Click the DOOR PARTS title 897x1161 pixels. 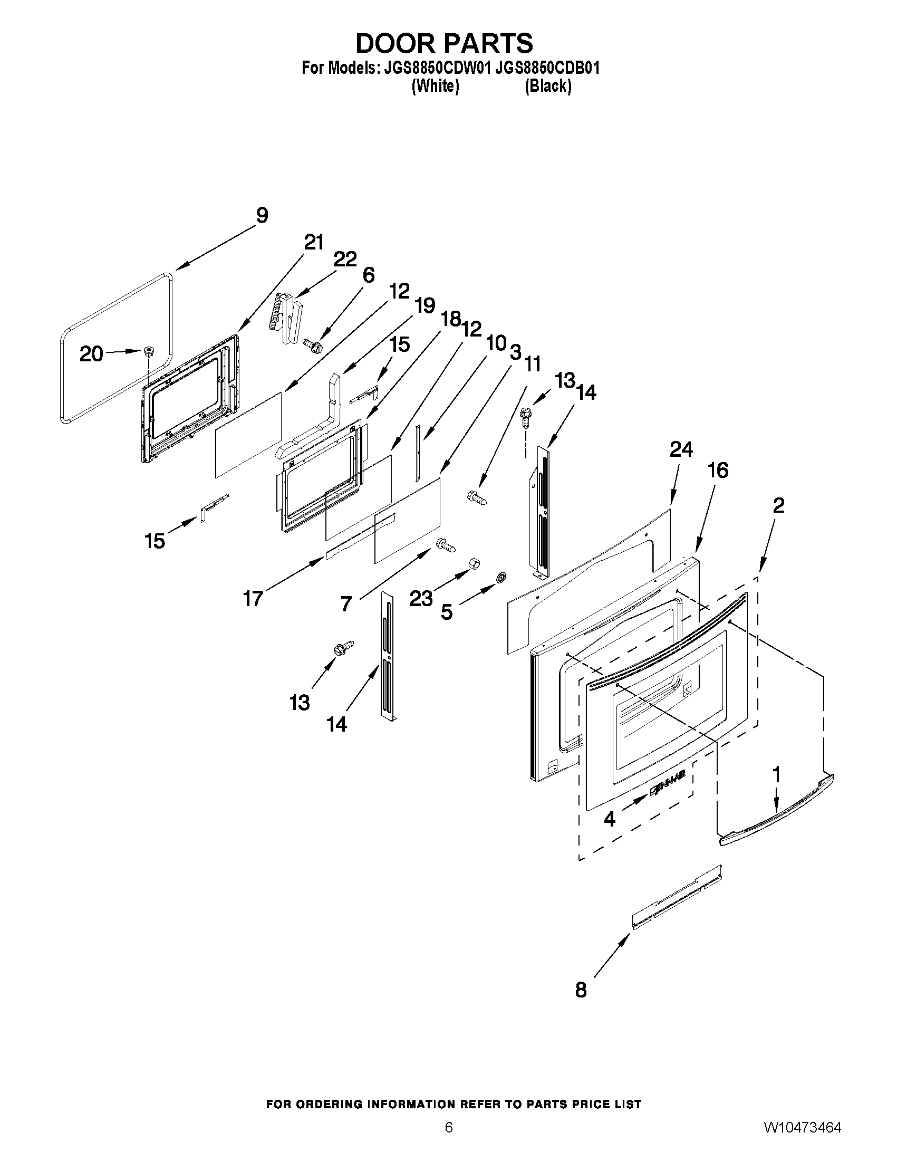[444, 43]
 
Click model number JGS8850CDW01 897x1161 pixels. [434, 68]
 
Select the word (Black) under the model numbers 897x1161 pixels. [548, 86]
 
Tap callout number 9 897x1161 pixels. [262, 216]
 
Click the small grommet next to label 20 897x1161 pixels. [148, 351]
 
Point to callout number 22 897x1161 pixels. [345, 260]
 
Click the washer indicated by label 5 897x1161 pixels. [500, 577]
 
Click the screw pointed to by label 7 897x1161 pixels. [446, 545]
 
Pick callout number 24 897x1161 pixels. [681, 450]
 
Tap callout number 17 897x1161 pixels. [253, 599]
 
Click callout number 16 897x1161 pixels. [718, 471]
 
